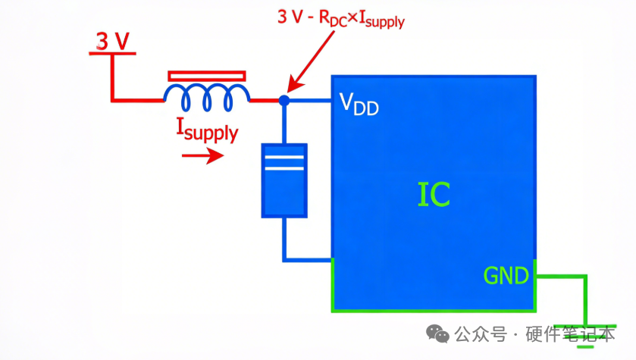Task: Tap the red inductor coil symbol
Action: (206, 94)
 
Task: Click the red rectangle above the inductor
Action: (206, 75)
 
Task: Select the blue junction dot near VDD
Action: (284, 100)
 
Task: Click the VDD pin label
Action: (359, 104)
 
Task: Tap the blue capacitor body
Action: (284, 182)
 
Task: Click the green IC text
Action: (434, 195)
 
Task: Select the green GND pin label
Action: (506, 275)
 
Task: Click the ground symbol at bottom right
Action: (585, 330)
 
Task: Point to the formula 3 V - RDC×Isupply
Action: (341, 18)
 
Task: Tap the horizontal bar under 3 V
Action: (112, 54)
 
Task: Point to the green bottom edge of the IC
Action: (432, 309)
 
